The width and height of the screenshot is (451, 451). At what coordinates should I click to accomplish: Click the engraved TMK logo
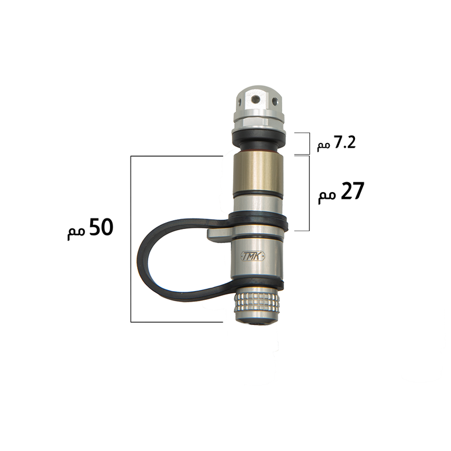[x=252, y=257]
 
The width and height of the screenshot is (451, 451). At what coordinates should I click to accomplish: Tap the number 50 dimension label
[x=101, y=227]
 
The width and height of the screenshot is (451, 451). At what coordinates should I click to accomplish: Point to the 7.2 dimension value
[x=344, y=142]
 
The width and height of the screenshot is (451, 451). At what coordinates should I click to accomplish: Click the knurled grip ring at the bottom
[x=257, y=303]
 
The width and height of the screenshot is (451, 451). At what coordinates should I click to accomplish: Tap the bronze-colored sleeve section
[x=258, y=172]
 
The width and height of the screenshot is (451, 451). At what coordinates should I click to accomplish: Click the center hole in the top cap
[x=255, y=100]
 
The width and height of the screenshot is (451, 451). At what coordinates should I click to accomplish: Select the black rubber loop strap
[x=184, y=259]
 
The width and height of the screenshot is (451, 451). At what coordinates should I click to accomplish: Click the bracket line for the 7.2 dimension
[x=309, y=143]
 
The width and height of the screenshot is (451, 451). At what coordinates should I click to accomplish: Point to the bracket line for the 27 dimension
[x=309, y=193]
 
